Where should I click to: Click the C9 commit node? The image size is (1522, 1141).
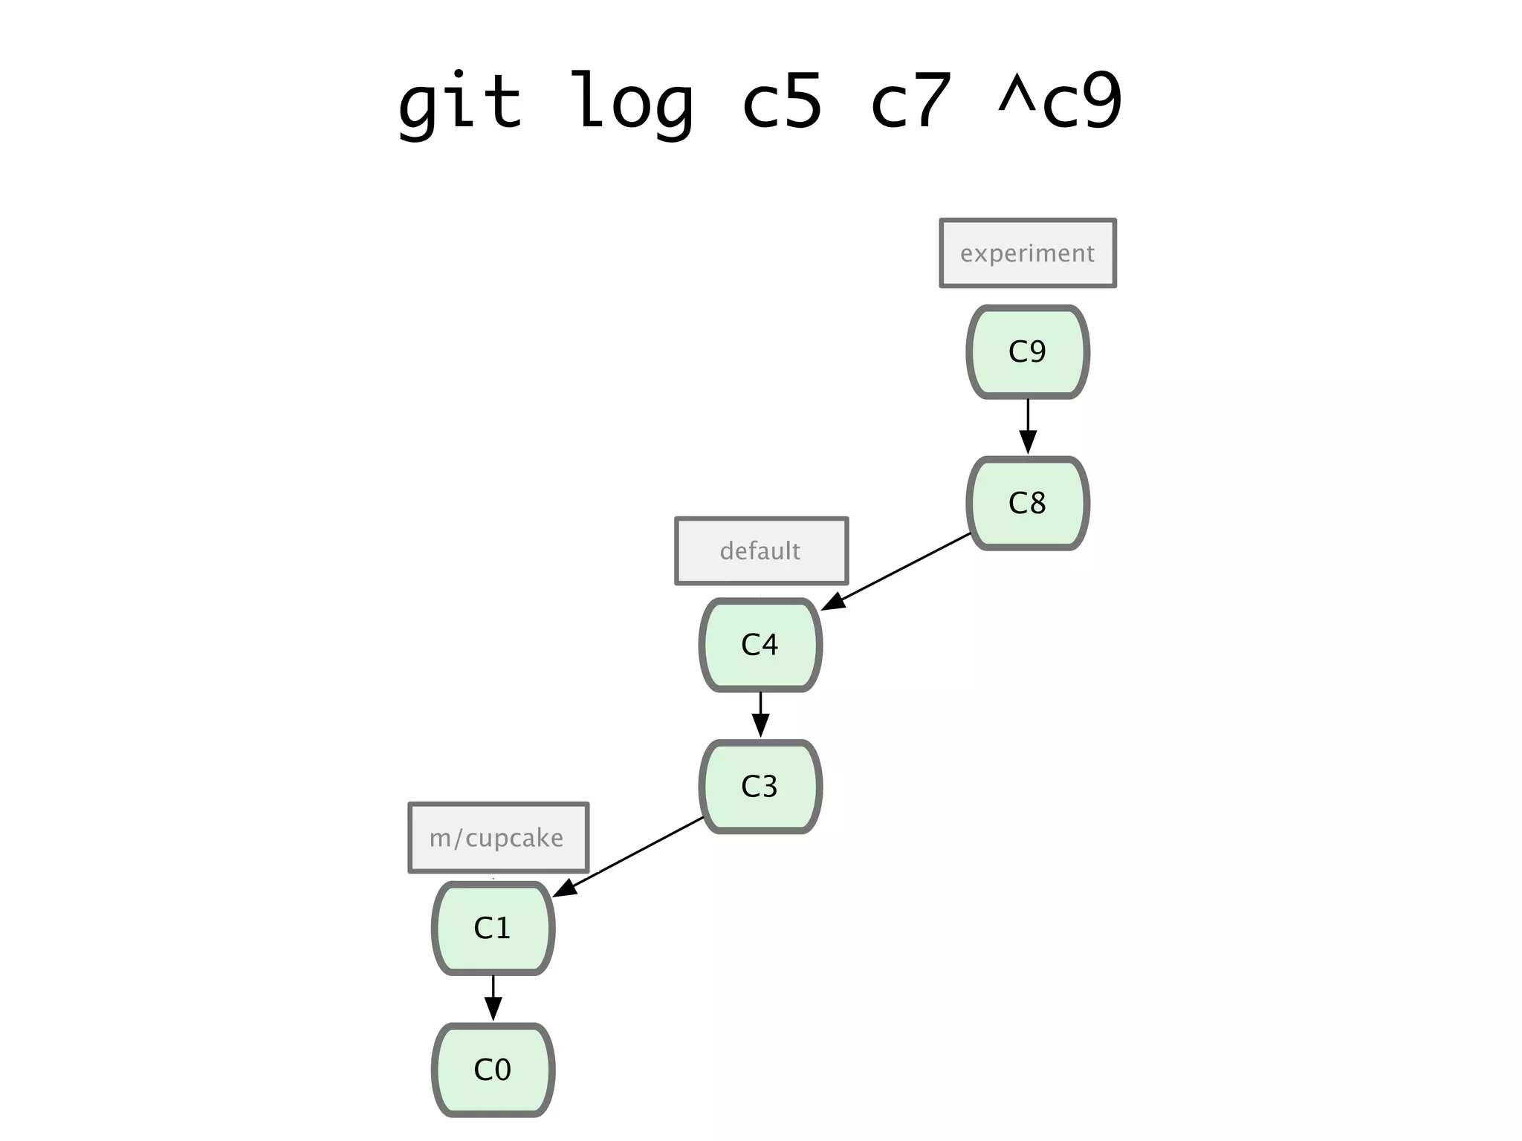(1028, 352)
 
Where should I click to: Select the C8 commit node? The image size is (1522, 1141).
(1028, 504)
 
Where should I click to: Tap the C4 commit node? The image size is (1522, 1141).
(760, 645)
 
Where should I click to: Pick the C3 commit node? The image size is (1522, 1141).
(760, 787)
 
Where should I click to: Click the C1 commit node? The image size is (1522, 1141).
(493, 929)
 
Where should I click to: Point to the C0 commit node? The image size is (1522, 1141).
(493, 1070)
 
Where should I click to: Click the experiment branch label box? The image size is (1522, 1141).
(1028, 253)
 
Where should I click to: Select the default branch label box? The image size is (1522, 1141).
(761, 551)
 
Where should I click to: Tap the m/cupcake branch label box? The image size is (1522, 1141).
(498, 838)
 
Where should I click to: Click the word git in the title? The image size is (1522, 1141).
(459, 103)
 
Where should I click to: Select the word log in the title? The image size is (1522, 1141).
(632, 103)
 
